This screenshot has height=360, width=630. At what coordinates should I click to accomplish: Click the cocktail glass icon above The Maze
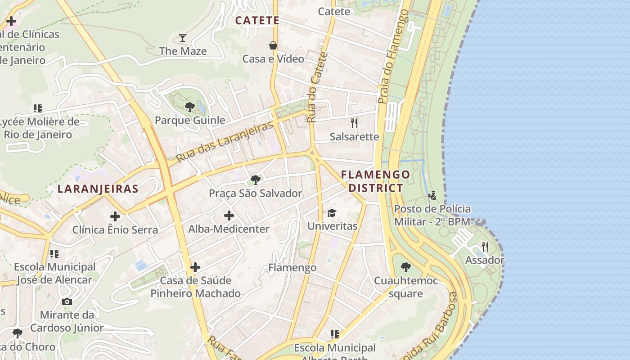click(183, 38)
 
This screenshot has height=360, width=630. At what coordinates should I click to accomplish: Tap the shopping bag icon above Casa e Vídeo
click(273, 45)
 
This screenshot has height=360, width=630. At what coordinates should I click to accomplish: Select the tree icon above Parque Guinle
click(190, 107)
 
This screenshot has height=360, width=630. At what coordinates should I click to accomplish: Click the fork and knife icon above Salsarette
click(354, 123)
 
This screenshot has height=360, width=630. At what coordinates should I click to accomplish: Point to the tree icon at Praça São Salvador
click(256, 180)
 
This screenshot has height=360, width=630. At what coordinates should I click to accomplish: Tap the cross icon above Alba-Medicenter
click(229, 216)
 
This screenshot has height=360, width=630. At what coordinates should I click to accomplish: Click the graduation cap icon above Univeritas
click(332, 213)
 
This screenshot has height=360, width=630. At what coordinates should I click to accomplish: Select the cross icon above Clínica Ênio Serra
click(115, 216)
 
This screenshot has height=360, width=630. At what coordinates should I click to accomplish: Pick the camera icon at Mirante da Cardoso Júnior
click(67, 301)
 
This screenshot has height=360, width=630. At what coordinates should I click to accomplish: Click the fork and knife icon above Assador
click(485, 247)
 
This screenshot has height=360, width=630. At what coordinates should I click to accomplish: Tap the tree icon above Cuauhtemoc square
click(406, 267)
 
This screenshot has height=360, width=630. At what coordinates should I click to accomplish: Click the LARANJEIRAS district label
click(98, 189)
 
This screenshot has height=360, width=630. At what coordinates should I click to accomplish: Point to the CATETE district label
click(257, 21)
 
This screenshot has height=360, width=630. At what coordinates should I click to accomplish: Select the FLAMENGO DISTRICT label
click(376, 181)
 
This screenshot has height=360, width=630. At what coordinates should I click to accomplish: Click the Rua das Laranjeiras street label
click(225, 142)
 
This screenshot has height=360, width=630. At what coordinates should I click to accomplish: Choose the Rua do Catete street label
click(318, 88)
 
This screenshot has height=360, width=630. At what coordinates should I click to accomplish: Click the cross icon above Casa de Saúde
click(195, 267)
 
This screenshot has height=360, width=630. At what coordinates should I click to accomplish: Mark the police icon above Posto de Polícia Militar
click(432, 195)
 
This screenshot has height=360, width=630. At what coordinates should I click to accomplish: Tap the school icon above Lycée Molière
click(38, 108)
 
